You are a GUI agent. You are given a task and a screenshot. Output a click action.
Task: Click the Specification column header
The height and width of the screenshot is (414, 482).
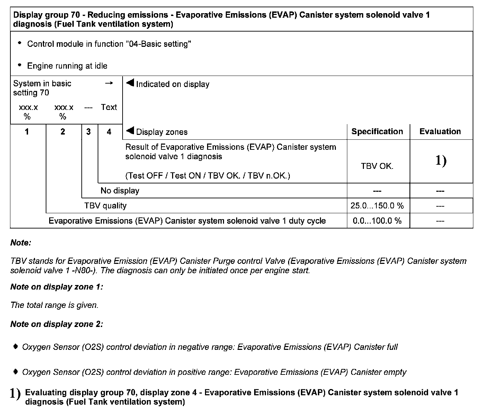tap(377, 132)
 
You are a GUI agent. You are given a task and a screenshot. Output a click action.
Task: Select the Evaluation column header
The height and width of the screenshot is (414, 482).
tap(440, 132)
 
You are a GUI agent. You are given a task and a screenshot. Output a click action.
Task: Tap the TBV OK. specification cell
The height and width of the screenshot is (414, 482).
tap(377, 166)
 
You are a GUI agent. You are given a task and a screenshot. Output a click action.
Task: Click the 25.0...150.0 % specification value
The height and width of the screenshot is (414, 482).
tap(377, 206)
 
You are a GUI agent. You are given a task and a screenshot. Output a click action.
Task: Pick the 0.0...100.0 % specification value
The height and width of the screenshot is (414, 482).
tap(377, 221)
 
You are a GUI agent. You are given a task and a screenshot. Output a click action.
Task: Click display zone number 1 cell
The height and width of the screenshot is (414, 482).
tap(27, 132)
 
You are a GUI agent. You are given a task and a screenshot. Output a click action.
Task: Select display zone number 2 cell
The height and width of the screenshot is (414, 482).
tap(63, 132)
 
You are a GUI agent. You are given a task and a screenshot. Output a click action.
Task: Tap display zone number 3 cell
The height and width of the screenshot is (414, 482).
tap(89, 132)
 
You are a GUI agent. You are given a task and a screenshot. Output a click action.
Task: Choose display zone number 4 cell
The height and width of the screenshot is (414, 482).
tap(109, 132)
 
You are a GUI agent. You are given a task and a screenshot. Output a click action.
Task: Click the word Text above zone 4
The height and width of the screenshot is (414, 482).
tap(109, 107)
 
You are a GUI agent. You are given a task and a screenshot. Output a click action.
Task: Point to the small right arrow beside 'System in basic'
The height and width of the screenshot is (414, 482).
tap(109, 83)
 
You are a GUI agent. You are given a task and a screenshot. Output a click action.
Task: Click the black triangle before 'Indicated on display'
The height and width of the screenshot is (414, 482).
tap(130, 83)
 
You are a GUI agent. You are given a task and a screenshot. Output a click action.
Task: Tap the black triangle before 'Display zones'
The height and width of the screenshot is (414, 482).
tap(130, 131)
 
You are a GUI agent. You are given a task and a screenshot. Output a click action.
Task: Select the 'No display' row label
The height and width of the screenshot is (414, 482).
tap(120, 191)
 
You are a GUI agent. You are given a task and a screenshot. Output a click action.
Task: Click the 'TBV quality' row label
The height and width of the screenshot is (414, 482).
tap(105, 206)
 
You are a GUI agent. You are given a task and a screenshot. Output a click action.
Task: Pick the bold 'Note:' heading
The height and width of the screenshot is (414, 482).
tap(21, 243)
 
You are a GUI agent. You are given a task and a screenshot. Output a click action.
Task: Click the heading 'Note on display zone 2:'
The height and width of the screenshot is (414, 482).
tap(57, 324)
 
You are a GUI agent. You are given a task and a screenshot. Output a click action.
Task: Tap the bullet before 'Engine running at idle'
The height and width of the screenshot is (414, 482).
tap(19, 65)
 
